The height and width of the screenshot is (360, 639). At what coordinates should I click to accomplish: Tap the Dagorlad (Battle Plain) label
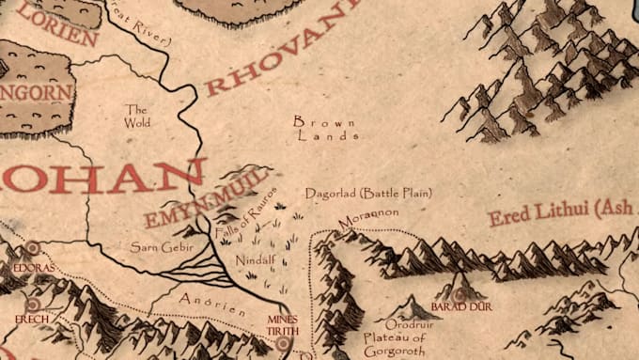368,193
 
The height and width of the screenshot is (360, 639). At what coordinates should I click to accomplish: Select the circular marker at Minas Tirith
284,344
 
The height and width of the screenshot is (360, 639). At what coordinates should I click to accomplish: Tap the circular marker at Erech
33,305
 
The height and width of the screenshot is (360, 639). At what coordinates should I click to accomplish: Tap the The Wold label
137,116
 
